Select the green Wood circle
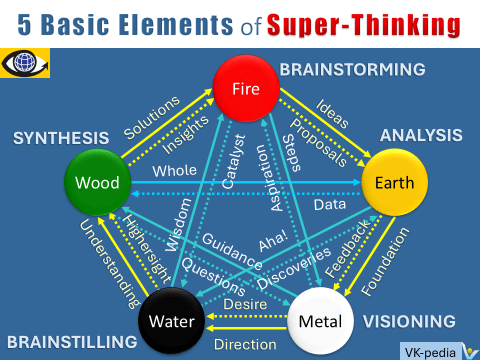click(97, 183)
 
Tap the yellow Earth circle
click(396, 183)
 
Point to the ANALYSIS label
click(420, 134)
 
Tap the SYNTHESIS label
click(61, 137)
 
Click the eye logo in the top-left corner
click(25, 59)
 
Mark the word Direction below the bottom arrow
click(246, 343)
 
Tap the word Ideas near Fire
click(330, 110)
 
